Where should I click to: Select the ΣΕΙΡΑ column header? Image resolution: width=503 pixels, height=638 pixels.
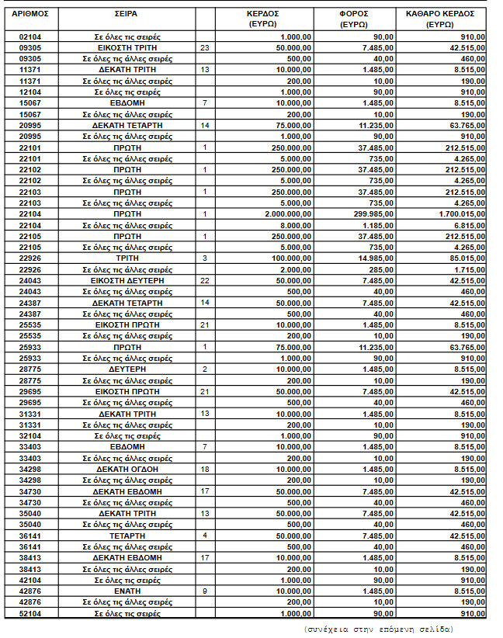128,14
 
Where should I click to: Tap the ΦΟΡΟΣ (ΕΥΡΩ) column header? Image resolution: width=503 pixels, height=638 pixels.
353,19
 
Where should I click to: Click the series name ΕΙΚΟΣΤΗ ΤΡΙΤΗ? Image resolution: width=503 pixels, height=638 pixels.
128,47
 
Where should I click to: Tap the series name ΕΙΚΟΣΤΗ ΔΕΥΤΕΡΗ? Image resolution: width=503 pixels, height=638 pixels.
128,280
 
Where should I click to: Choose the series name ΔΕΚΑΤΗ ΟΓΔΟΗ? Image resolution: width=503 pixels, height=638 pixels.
128,469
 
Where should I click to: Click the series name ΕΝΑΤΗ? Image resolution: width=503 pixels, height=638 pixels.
128,591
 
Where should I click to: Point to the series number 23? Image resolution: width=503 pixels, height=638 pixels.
205,47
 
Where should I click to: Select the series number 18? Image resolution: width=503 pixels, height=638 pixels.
205,469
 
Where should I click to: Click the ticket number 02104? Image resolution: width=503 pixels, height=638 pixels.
26,36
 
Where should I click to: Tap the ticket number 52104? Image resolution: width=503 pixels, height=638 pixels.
26,613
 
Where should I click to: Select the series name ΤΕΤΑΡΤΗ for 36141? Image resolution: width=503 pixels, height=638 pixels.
128,536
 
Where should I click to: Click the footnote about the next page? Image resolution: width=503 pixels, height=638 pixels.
379,628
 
